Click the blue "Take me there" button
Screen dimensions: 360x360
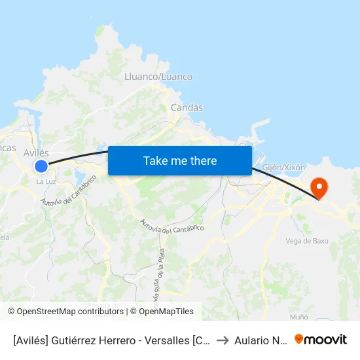[x=180, y=160]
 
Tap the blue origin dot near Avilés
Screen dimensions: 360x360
[x=41, y=166]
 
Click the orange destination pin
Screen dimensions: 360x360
[x=320, y=188]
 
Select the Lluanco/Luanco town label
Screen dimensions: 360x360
[x=158, y=77]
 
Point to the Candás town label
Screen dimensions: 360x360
[x=187, y=107]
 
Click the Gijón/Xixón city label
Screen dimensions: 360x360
[x=283, y=168]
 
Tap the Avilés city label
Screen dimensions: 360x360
[x=36, y=153]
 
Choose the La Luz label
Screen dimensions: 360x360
[x=45, y=181]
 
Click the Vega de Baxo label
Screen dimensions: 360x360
[x=307, y=241]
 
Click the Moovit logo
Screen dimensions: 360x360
[x=321, y=339]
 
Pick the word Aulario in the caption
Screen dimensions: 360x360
[x=251, y=340]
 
